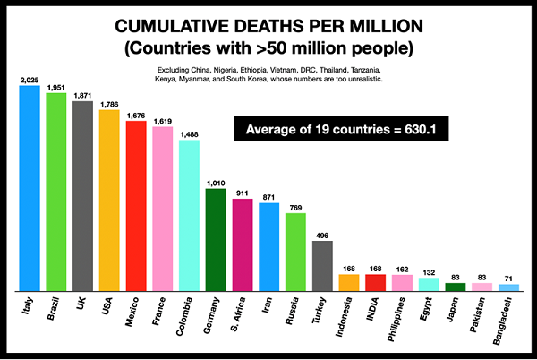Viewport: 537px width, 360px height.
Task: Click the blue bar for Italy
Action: (30, 188)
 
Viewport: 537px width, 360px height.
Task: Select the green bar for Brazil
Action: (56, 192)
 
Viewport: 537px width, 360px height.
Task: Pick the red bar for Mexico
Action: (136, 205)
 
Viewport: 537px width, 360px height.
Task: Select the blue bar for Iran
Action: (268, 246)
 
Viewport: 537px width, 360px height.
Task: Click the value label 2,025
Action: (30, 81)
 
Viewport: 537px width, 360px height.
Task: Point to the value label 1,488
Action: (190, 134)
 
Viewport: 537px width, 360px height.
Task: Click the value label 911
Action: (243, 192)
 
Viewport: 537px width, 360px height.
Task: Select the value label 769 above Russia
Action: (295, 208)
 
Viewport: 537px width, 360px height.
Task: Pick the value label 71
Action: (508, 279)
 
